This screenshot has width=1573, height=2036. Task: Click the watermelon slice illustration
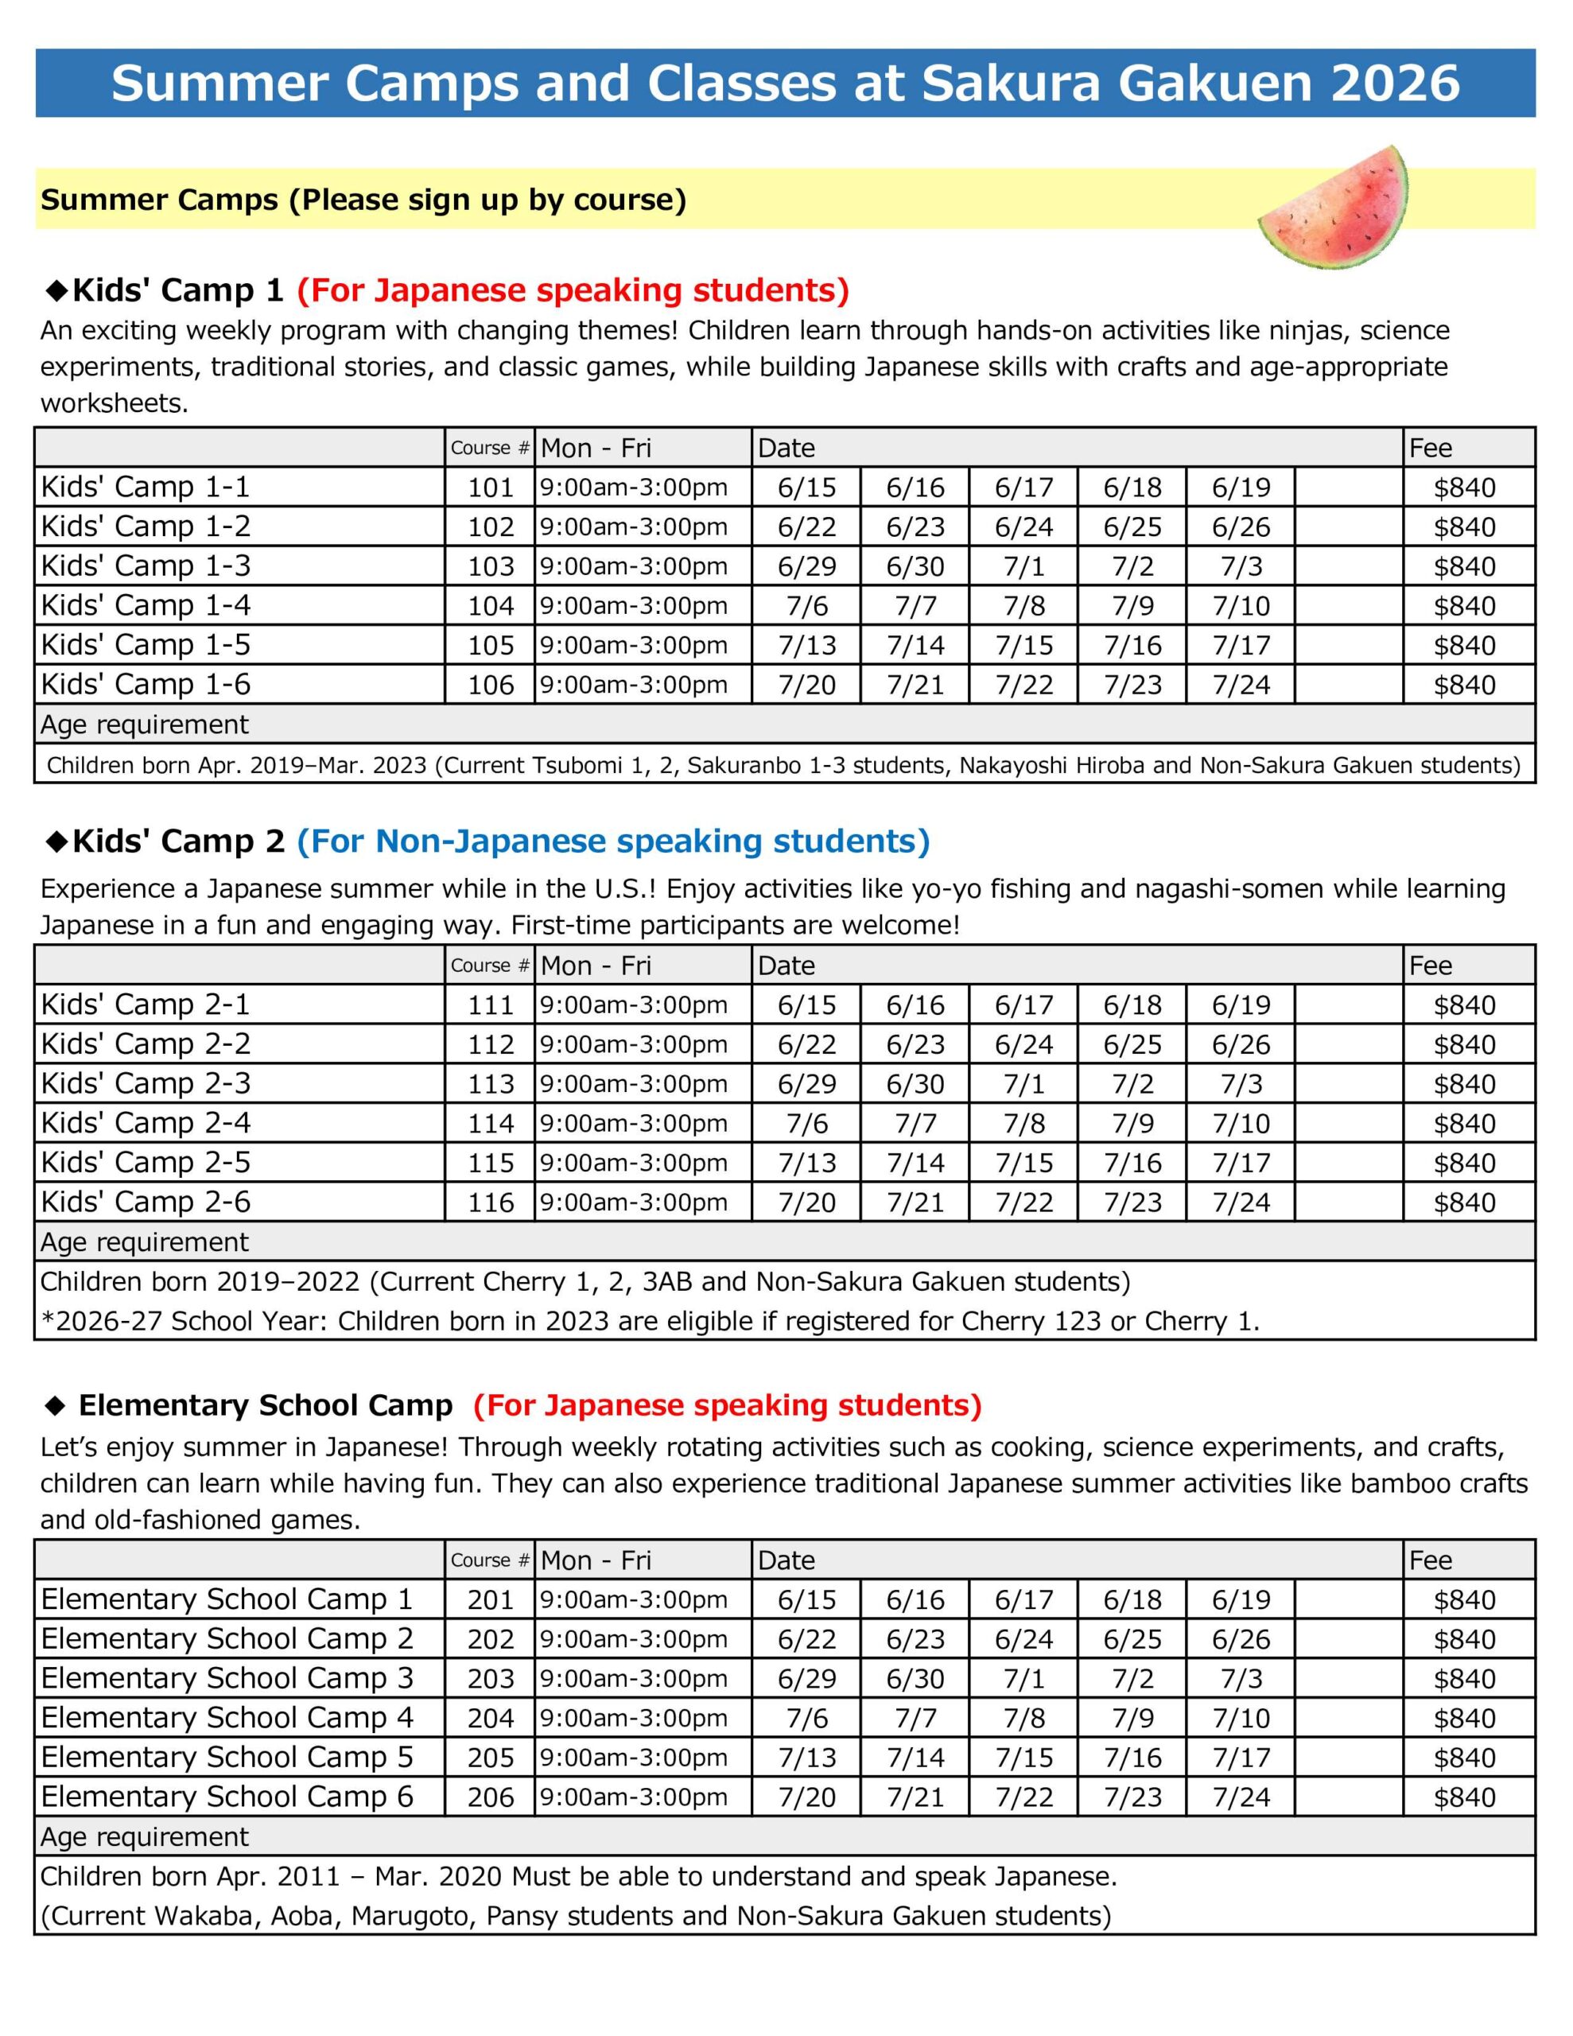(x=1334, y=211)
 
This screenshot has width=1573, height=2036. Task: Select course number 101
(x=491, y=488)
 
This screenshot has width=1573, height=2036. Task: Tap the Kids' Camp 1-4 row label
(x=146, y=606)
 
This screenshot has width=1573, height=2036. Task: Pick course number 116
(x=491, y=1203)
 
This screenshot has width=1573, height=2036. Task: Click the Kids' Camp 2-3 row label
(x=146, y=1084)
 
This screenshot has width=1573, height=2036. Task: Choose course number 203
(x=491, y=1679)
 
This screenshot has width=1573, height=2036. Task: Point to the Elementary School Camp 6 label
(x=227, y=1797)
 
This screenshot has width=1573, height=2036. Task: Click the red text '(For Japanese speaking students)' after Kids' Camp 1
(x=573, y=291)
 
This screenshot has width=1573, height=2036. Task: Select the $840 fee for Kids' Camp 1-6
(x=1464, y=686)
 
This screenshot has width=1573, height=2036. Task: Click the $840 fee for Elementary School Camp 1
(x=1464, y=1599)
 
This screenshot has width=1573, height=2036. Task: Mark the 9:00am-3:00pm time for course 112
(x=633, y=1045)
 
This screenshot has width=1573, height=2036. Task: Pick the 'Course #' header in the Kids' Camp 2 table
(x=490, y=966)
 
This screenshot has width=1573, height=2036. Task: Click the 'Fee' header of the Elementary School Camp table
(x=1431, y=1560)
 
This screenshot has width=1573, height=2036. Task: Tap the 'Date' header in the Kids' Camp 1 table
(x=786, y=449)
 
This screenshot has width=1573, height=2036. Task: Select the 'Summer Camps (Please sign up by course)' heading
(x=363, y=200)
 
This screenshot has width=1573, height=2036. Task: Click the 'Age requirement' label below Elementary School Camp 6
(x=145, y=1836)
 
